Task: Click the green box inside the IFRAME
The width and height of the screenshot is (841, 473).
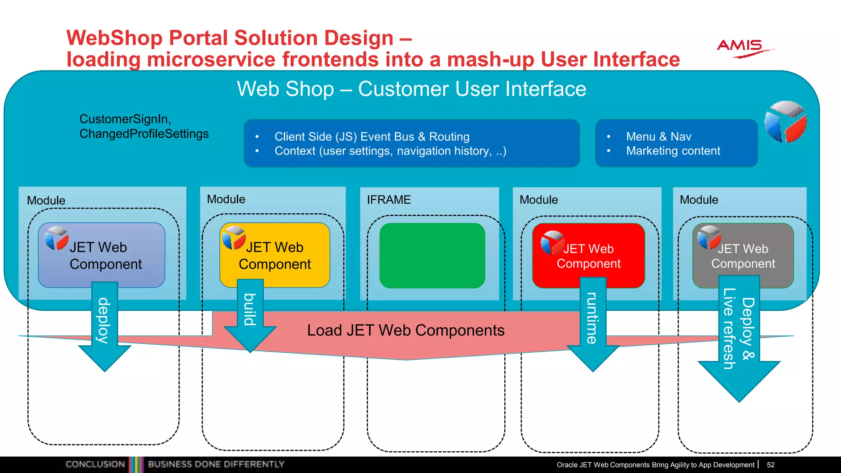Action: point(432,255)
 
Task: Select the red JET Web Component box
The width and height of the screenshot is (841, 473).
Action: point(588,255)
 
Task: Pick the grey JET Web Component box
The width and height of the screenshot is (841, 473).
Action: point(743,255)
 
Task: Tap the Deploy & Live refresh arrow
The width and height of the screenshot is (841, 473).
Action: point(739,337)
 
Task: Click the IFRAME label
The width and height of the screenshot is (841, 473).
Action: point(388,200)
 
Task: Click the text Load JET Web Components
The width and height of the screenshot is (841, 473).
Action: point(406,331)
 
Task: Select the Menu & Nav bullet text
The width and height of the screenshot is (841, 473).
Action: point(659,136)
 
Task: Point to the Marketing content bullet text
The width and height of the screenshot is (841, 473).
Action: point(673,151)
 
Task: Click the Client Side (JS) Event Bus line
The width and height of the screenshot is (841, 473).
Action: point(372,136)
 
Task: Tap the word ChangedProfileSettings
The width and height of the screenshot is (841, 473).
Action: point(144,134)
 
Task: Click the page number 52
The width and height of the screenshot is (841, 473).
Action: point(771,465)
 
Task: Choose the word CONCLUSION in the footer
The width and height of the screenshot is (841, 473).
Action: point(95,464)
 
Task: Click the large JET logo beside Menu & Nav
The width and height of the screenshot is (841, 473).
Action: point(785,122)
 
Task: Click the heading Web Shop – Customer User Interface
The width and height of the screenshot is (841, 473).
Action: point(411,89)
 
